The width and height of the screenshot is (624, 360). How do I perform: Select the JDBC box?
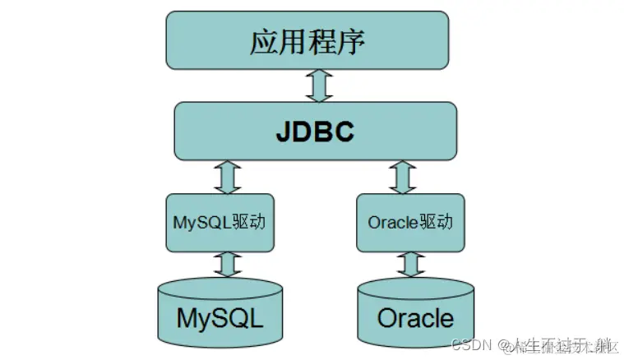(316, 131)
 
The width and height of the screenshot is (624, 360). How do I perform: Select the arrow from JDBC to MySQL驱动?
(227, 177)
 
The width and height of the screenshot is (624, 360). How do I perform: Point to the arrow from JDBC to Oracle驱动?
(404, 177)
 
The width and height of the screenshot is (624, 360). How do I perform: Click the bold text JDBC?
(316, 131)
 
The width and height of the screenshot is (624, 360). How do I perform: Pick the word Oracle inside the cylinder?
(414, 317)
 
